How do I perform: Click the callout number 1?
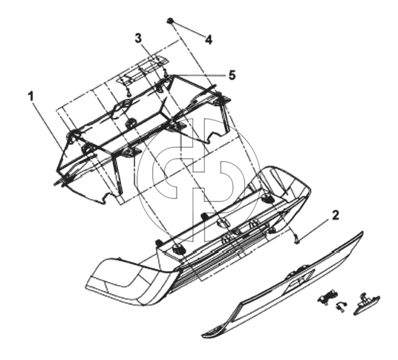(x=30, y=96)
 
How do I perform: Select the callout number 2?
(x=335, y=215)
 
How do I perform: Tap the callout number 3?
(x=138, y=39)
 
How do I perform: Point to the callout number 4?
(x=209, y=40)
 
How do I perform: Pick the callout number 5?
(x=232, y=76)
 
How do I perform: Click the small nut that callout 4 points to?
(x=170, y=21)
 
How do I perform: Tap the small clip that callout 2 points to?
(x=296, y=238)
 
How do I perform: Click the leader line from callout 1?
(x=48, y=126)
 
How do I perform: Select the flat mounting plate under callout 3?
(x=142, y=69)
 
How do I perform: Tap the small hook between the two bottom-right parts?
(x=341, y=306)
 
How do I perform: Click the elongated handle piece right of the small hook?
(x=366, y=303)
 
